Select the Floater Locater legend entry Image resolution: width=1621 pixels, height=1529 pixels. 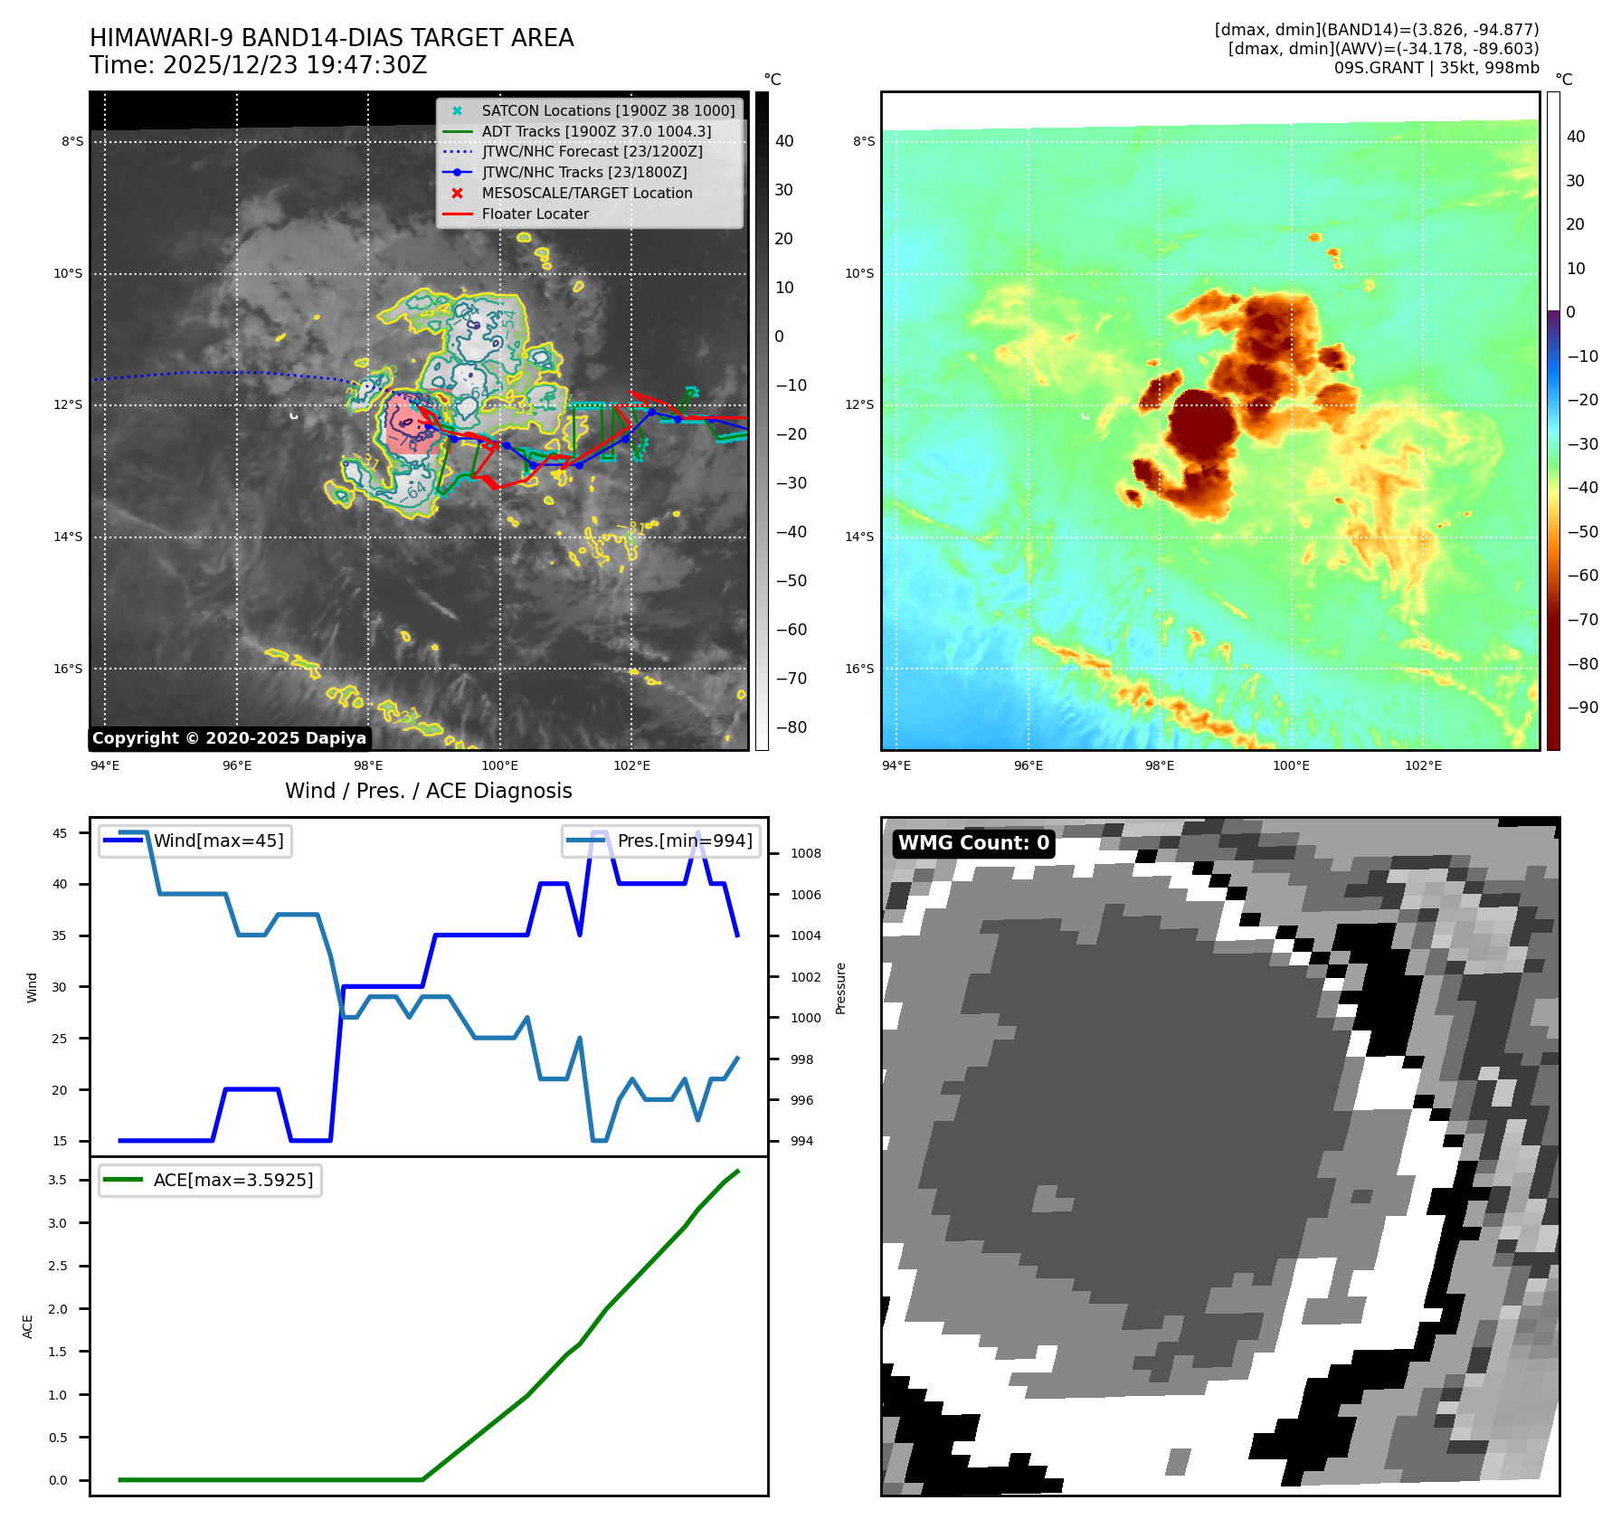tap(535, 214)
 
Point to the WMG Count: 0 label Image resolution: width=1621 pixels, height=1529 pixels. tap(973, 843)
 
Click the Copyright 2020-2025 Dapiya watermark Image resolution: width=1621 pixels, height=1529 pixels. tap(229, 738)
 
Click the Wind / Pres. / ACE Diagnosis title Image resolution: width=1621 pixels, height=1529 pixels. tap(428, 792)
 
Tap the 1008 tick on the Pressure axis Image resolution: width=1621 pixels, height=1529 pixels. tap(805, 853)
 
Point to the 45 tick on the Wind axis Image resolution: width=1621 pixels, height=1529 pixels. tap(60, 833)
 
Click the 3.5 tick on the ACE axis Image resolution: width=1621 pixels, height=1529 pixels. tap(58, 1180)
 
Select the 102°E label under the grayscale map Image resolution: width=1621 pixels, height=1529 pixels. tap(631, 765)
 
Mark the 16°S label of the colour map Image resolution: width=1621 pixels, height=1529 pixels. tap(859, 670)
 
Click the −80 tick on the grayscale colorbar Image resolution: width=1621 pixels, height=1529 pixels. tap(791, 727)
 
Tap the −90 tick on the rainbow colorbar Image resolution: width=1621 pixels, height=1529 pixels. tap(1582, 708)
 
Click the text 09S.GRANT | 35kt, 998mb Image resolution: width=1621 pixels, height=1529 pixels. tap(1436, 68)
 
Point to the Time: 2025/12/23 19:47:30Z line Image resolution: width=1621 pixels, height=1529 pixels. tap(258, 66)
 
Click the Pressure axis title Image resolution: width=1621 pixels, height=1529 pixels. tap(841, 988)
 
